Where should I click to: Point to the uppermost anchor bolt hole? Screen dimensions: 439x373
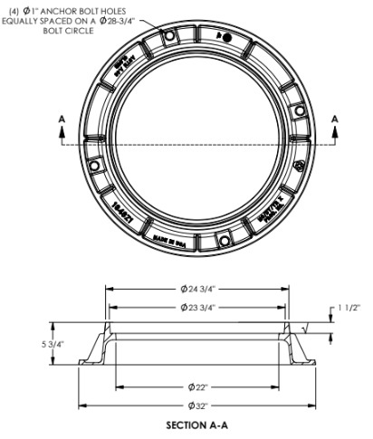coord(226,37)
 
